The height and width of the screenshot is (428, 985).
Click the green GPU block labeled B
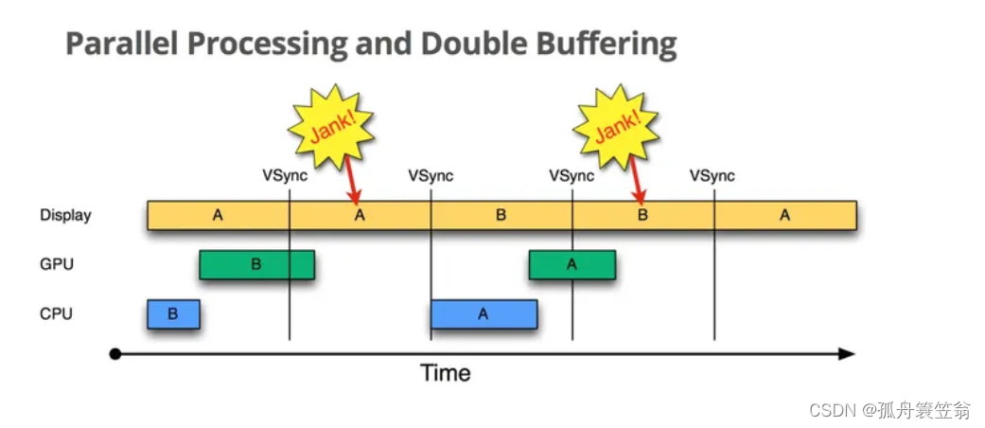point(256,264)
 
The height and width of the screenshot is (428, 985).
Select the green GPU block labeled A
point(572,264)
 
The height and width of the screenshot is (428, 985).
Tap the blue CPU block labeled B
point(173,313)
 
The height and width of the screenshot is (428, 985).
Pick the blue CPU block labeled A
point(484,313)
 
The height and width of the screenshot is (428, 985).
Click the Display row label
point(65,215)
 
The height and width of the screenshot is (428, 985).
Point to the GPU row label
point(56,264)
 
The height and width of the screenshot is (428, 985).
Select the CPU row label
point(56,313)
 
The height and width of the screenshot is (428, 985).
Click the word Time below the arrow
point(446,373)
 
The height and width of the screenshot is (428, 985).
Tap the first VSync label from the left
point(285,176)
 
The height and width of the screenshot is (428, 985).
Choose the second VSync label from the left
point(431,176)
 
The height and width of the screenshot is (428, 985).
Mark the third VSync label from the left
point(572,176)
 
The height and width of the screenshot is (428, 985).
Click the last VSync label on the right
point(712,176)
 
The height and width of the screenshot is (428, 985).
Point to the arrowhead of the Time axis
point(848,354)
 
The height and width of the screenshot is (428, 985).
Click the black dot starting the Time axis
point(115,354)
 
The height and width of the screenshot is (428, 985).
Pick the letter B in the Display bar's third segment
point(501,215)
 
